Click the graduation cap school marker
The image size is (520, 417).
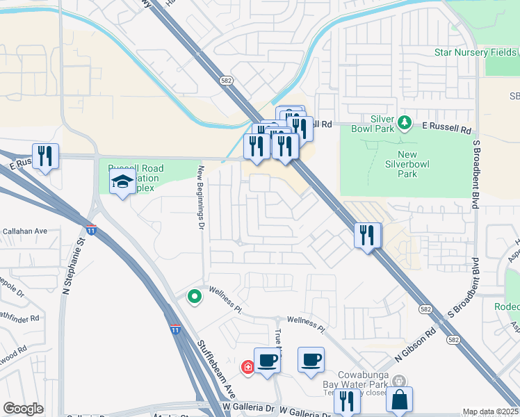(x=123, y=183)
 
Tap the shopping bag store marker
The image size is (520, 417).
(x=399, y=400)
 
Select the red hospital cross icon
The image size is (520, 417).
(x=247, y=366)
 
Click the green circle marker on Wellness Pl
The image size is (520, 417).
(x=195, y=297)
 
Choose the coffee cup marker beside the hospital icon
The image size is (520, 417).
(x=267, y=361)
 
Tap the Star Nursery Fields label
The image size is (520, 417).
(x=476, y=52)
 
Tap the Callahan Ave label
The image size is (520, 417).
(x=24, y=231)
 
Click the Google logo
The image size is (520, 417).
(x=23, y=409)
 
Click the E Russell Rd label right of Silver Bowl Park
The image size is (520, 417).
(x=447, y=129)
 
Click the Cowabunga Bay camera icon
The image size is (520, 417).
(x=399, y=380)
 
